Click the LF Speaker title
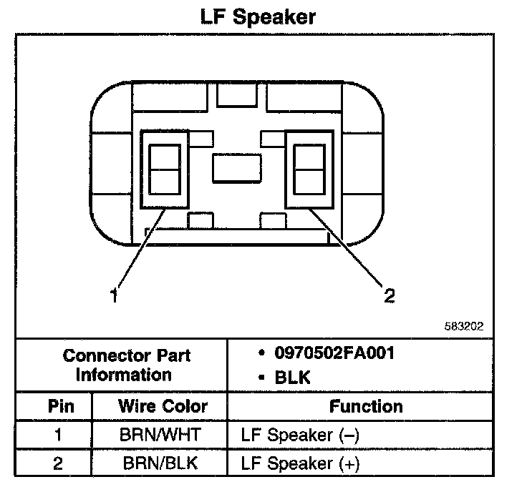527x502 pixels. tap(258, 16)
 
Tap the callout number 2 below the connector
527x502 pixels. tap(389, 295)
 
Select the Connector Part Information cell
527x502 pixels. tap(126, 365)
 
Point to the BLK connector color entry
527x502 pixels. tap(293, 378)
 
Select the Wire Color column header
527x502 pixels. tap(163, 406)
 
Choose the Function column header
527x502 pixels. tap(366, 406)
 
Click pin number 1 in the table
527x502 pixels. tap(57, 435)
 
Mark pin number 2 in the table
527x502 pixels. tap(57, 463)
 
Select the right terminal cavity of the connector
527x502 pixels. tap(309, 169)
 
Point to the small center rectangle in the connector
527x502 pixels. tap(237, 169)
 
